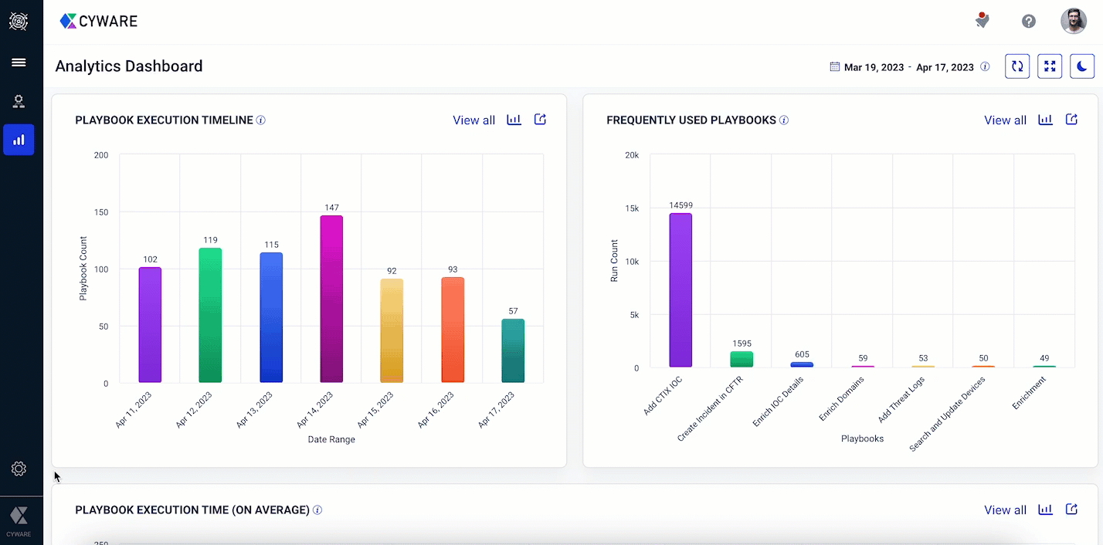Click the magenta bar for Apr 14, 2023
tap(331, 299)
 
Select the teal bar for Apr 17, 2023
tap(513, 351)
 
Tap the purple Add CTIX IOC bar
tap(680, 290)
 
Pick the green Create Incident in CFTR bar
tap(742, 360)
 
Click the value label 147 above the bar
tap(331, 208)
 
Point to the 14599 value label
tap(680, 205)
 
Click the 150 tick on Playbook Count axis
tap(101, 212)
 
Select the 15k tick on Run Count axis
tap(631, 208)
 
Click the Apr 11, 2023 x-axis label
tap(134, 410)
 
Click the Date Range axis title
tap(331, 439)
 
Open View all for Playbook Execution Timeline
tap(473, 120)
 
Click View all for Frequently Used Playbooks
tap(1005, 120)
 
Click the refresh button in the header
tap(1017, 66)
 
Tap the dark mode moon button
tap(1082, 66)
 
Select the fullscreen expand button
tap(1050, 66)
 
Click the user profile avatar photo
tap(1073, 22)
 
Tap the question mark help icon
tap(1029, 22)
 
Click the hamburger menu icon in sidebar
tap(19, 63)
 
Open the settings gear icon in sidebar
tap(19, 469)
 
